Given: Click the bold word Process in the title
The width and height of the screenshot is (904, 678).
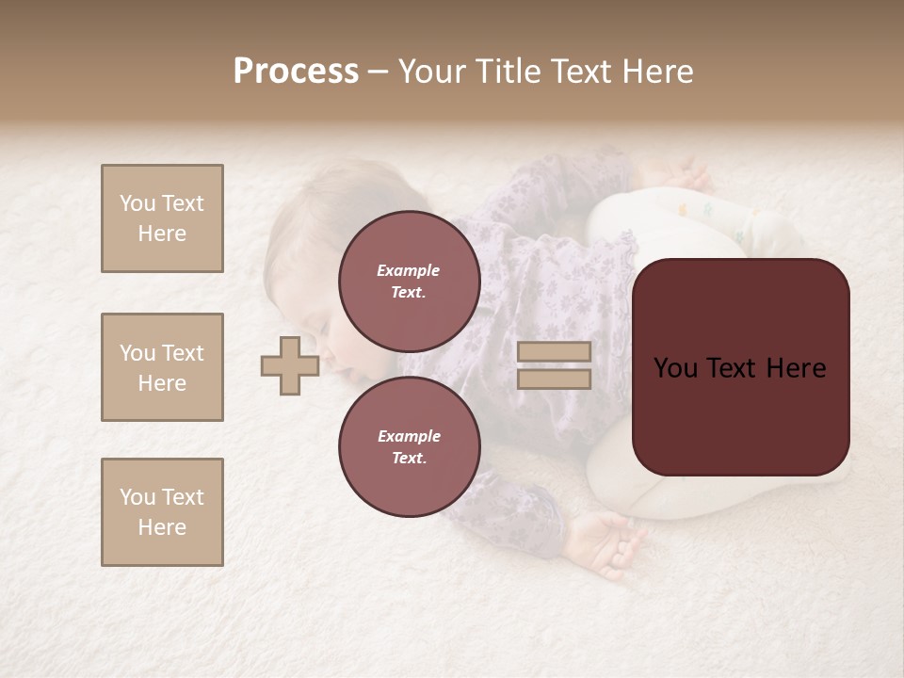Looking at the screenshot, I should pos(296,72).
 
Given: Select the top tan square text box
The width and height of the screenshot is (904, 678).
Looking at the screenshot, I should pos(162,218).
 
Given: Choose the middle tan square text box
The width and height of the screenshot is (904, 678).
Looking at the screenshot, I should pos(162,367).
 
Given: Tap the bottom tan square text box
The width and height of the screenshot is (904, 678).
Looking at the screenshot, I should pos(162,512).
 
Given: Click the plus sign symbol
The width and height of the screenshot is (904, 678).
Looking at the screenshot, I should pos(290,365).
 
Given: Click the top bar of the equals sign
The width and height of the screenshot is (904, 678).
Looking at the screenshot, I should pos(554,352).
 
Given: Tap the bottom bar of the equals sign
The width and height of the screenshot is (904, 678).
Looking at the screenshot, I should pos(554,379).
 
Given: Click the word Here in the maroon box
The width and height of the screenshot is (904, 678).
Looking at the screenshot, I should pos(796,368).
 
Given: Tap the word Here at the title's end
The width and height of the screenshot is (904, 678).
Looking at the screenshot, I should pos(658,72).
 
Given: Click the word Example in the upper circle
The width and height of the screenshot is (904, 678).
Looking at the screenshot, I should pos(409,270).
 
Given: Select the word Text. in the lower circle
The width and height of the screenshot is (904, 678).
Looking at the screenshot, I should pos(409,458).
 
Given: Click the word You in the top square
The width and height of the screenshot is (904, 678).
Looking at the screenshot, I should pos(137,203).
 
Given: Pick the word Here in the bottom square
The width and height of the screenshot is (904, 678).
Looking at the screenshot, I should pos(162,527).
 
